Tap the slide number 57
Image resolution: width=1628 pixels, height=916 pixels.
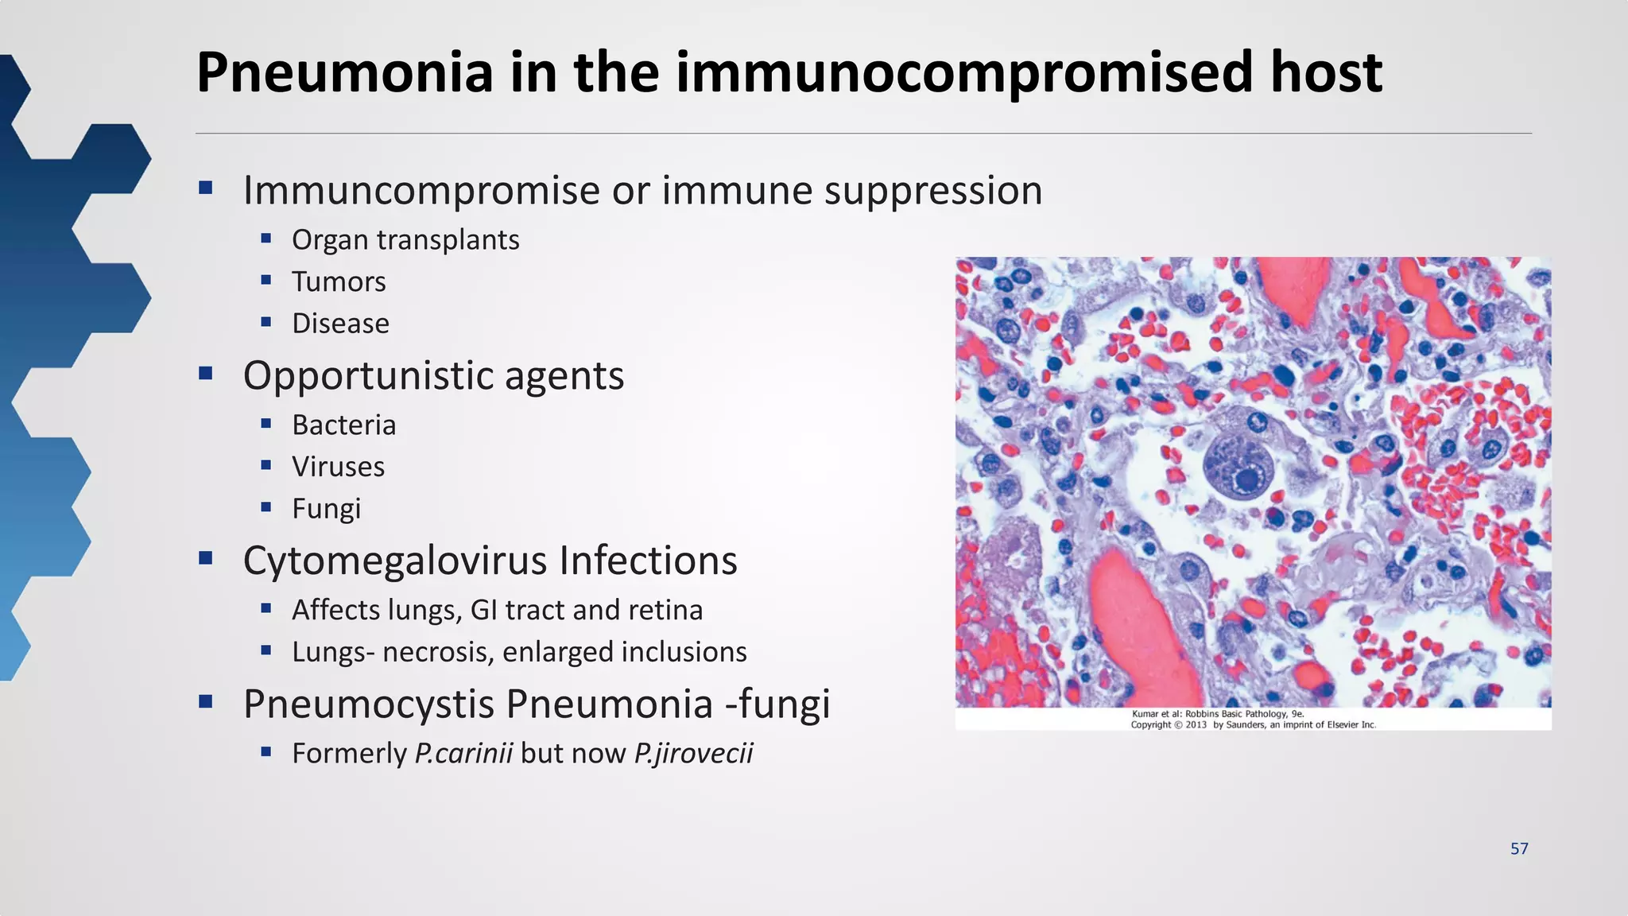pos(1519,848)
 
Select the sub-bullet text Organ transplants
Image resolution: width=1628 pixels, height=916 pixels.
pos(405,239)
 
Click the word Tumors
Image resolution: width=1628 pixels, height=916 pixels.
pos(339,281)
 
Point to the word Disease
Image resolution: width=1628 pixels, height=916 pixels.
pos(340,324)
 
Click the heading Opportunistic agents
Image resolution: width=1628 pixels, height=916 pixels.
pos(433,375)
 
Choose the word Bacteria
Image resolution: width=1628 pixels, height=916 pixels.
pos(343,425)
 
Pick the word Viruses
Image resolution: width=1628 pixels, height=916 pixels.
pos(338,467)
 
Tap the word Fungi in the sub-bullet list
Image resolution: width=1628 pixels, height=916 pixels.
pos(326,509)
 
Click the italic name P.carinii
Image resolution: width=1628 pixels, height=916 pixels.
pos(463,753)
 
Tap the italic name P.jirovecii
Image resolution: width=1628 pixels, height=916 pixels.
pos(693,753)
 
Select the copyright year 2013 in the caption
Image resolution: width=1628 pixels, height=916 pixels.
pos(1196,724)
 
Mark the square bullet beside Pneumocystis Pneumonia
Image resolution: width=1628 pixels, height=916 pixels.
pos(206,701)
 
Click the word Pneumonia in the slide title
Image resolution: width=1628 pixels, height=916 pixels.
pos(345,73)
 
